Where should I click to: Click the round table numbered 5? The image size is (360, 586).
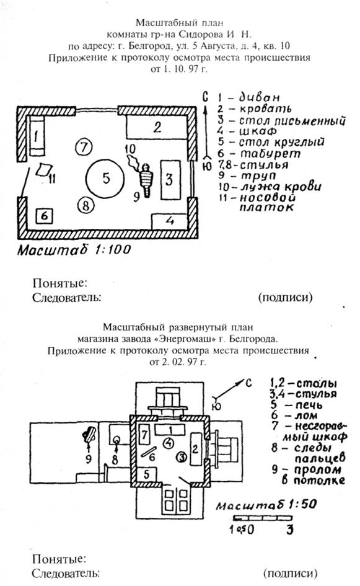[105, 178]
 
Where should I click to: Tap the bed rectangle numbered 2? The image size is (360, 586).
[157, 127]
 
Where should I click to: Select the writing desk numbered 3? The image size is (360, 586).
[170, 180]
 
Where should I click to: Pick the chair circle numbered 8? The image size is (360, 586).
[86, 205]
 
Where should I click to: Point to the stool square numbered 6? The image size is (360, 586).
[44, 216]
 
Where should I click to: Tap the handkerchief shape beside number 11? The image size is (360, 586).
[43, 169]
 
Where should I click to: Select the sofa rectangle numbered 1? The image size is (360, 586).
[37, 136]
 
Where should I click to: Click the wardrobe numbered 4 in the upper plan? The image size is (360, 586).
[170, 221]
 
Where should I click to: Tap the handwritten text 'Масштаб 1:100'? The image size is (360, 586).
[74, 250]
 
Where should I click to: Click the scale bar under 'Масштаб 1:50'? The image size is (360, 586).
[263, 518]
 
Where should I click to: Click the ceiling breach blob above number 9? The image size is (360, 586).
[89, 434]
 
